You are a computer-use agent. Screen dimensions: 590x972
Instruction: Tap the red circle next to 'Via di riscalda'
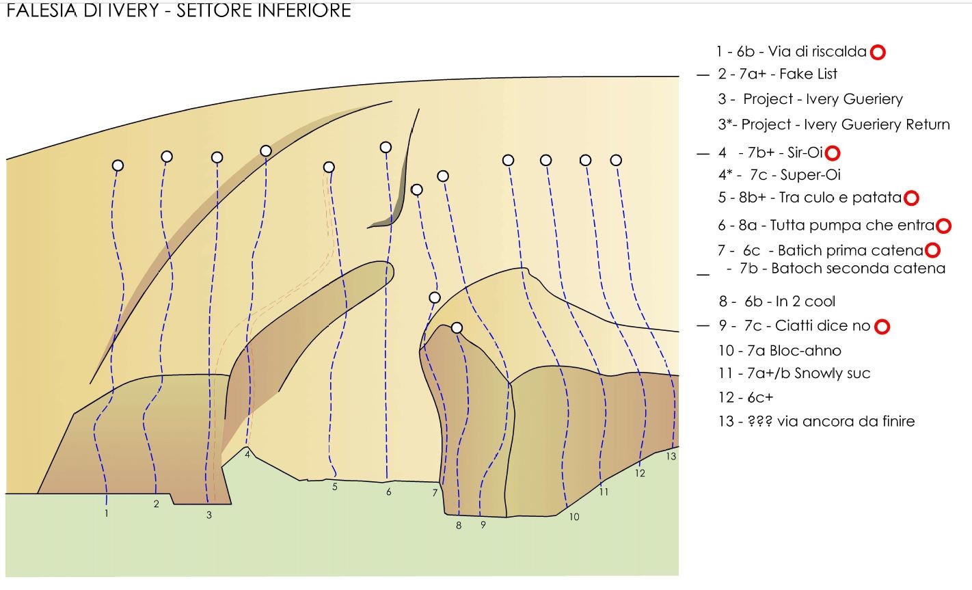878,52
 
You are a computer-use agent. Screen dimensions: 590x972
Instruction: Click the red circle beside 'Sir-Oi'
833,153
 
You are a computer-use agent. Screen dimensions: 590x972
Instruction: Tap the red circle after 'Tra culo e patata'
911,198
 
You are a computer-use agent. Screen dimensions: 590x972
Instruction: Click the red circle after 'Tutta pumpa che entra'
943,226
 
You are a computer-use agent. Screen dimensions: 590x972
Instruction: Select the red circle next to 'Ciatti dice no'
882,327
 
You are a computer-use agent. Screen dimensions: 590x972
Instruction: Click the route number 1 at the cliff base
107,513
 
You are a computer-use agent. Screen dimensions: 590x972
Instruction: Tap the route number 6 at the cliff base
389,492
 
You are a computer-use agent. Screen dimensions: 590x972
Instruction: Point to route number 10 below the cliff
574,517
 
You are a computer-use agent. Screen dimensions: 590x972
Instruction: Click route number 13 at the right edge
671,457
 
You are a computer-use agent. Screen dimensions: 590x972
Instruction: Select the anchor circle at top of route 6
386,147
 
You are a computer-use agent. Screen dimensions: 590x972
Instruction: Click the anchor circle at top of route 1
118,165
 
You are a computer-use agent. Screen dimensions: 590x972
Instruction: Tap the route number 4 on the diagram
247,452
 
